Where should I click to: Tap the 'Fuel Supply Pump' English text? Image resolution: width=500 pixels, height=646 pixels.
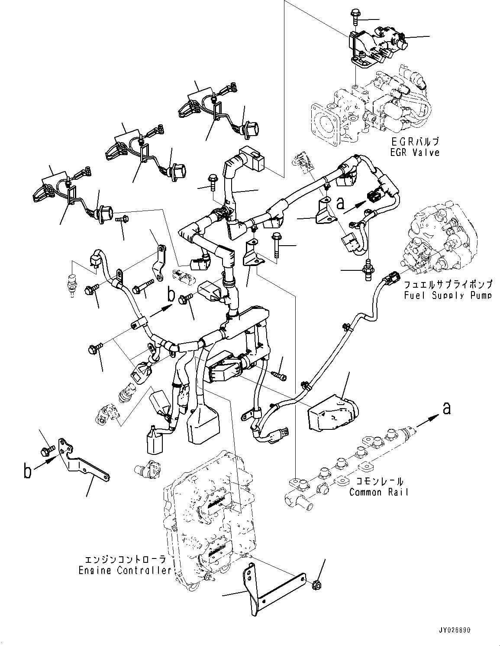448,295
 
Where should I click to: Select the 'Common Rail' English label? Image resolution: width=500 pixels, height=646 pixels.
378,492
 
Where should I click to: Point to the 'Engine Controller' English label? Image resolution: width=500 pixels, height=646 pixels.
125,570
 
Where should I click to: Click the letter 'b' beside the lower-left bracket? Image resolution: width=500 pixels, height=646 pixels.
27,471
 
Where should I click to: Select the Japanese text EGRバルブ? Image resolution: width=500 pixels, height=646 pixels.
413,141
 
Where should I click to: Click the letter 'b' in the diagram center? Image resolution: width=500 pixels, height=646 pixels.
172,295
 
